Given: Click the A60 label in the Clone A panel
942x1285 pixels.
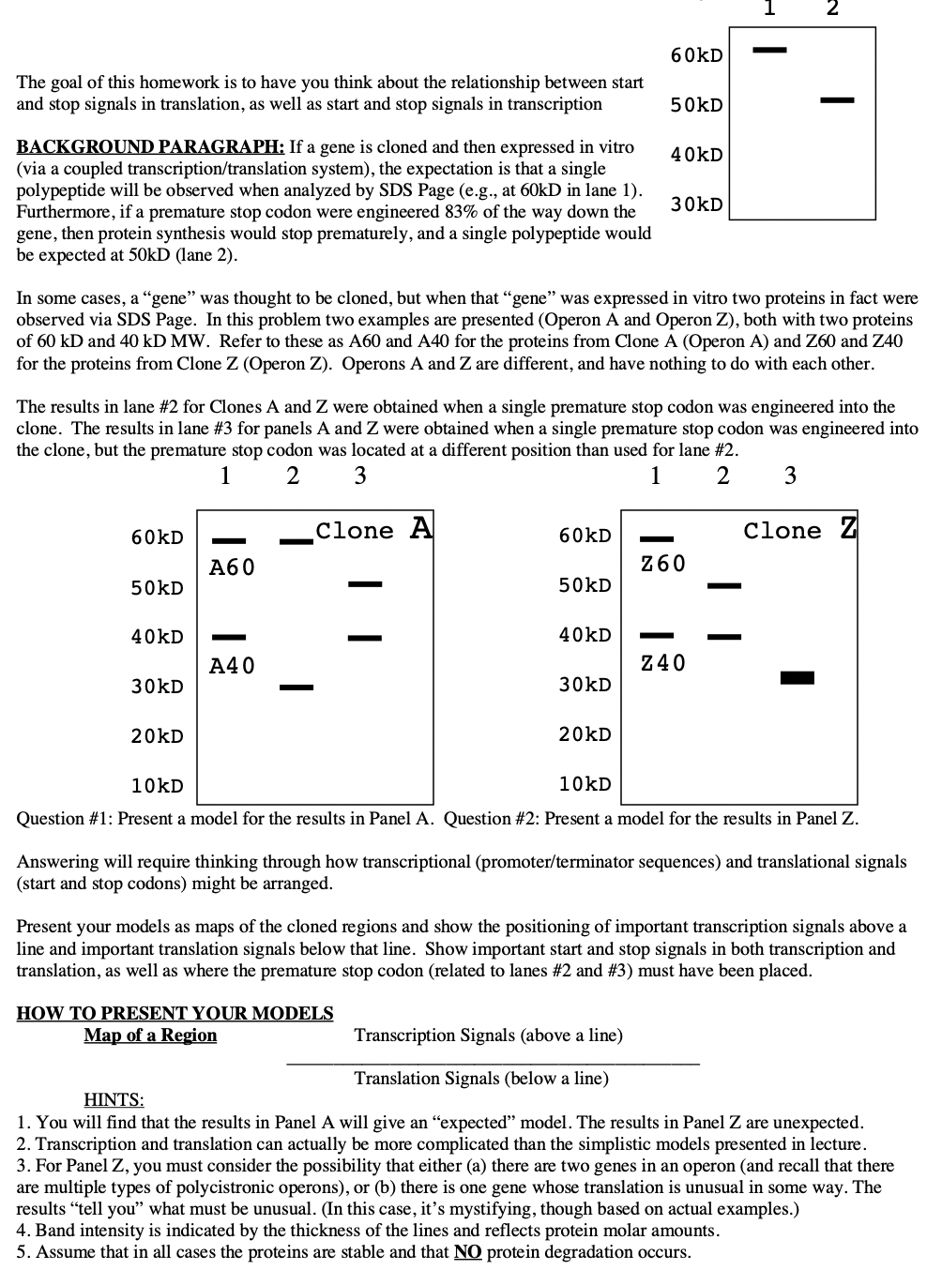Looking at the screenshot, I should (232, 567).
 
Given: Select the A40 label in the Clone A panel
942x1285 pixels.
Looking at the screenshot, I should (232, 666).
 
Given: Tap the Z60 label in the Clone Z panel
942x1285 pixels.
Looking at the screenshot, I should (662, 564).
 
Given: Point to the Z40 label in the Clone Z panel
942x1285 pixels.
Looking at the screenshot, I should (662, 663).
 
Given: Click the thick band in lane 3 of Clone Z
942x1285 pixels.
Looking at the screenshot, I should (797, 677).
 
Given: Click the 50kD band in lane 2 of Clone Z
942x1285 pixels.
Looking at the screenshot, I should (724, 586).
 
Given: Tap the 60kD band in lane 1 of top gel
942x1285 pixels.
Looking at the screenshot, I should (771, 48).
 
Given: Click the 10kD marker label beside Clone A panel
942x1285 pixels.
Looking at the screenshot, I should (157, 786).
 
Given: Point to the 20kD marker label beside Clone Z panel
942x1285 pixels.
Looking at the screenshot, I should (585, 734).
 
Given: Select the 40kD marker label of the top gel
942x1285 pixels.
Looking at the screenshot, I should (696, 155).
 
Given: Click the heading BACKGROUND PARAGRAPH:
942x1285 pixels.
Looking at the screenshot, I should (150, 147).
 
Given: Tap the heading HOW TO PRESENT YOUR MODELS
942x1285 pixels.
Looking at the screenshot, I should (175, 1014).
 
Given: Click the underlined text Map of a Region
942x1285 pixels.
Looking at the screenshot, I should (150, 1036).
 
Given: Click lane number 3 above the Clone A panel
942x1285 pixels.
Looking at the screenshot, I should (359, 476).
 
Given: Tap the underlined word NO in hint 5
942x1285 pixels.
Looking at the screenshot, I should (467, 1252).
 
